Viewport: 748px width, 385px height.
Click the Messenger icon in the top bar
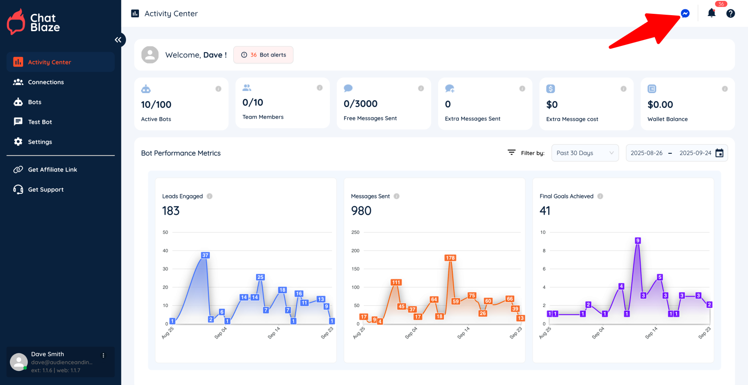(x=685, y=13)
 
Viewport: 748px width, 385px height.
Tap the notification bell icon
(x=711, y=13)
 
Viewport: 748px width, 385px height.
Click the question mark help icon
(x=731, y=13)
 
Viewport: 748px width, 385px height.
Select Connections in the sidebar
(x=45, y=82)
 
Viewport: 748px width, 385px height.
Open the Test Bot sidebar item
(x=40, y=122)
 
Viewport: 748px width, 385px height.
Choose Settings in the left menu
(x=40, y=142)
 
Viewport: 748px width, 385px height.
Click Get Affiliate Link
(x=52, y=169)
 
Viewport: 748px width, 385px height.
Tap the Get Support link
(x=45, y=189)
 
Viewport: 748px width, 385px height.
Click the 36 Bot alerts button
(x=263, y=55)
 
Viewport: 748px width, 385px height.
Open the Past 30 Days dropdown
(x=585, y=153)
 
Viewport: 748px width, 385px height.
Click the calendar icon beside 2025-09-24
(x=719, y=153)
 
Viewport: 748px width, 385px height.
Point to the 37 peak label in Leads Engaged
(x=205, y=255)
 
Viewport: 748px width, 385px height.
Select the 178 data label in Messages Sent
(x=450, y=258)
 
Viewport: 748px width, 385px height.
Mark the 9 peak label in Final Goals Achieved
(x=638, y=241)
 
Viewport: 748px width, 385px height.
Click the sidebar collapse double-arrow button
(x=118, y=40)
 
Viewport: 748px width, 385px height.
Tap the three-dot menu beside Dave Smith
(x=103, y=356)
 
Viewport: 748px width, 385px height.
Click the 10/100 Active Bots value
(x=156, y=105)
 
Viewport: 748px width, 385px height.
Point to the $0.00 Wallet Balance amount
(x=660, y=105)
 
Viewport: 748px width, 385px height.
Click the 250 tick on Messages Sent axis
(x=355, y=232)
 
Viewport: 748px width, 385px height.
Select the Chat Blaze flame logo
(x=16, y=22)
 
